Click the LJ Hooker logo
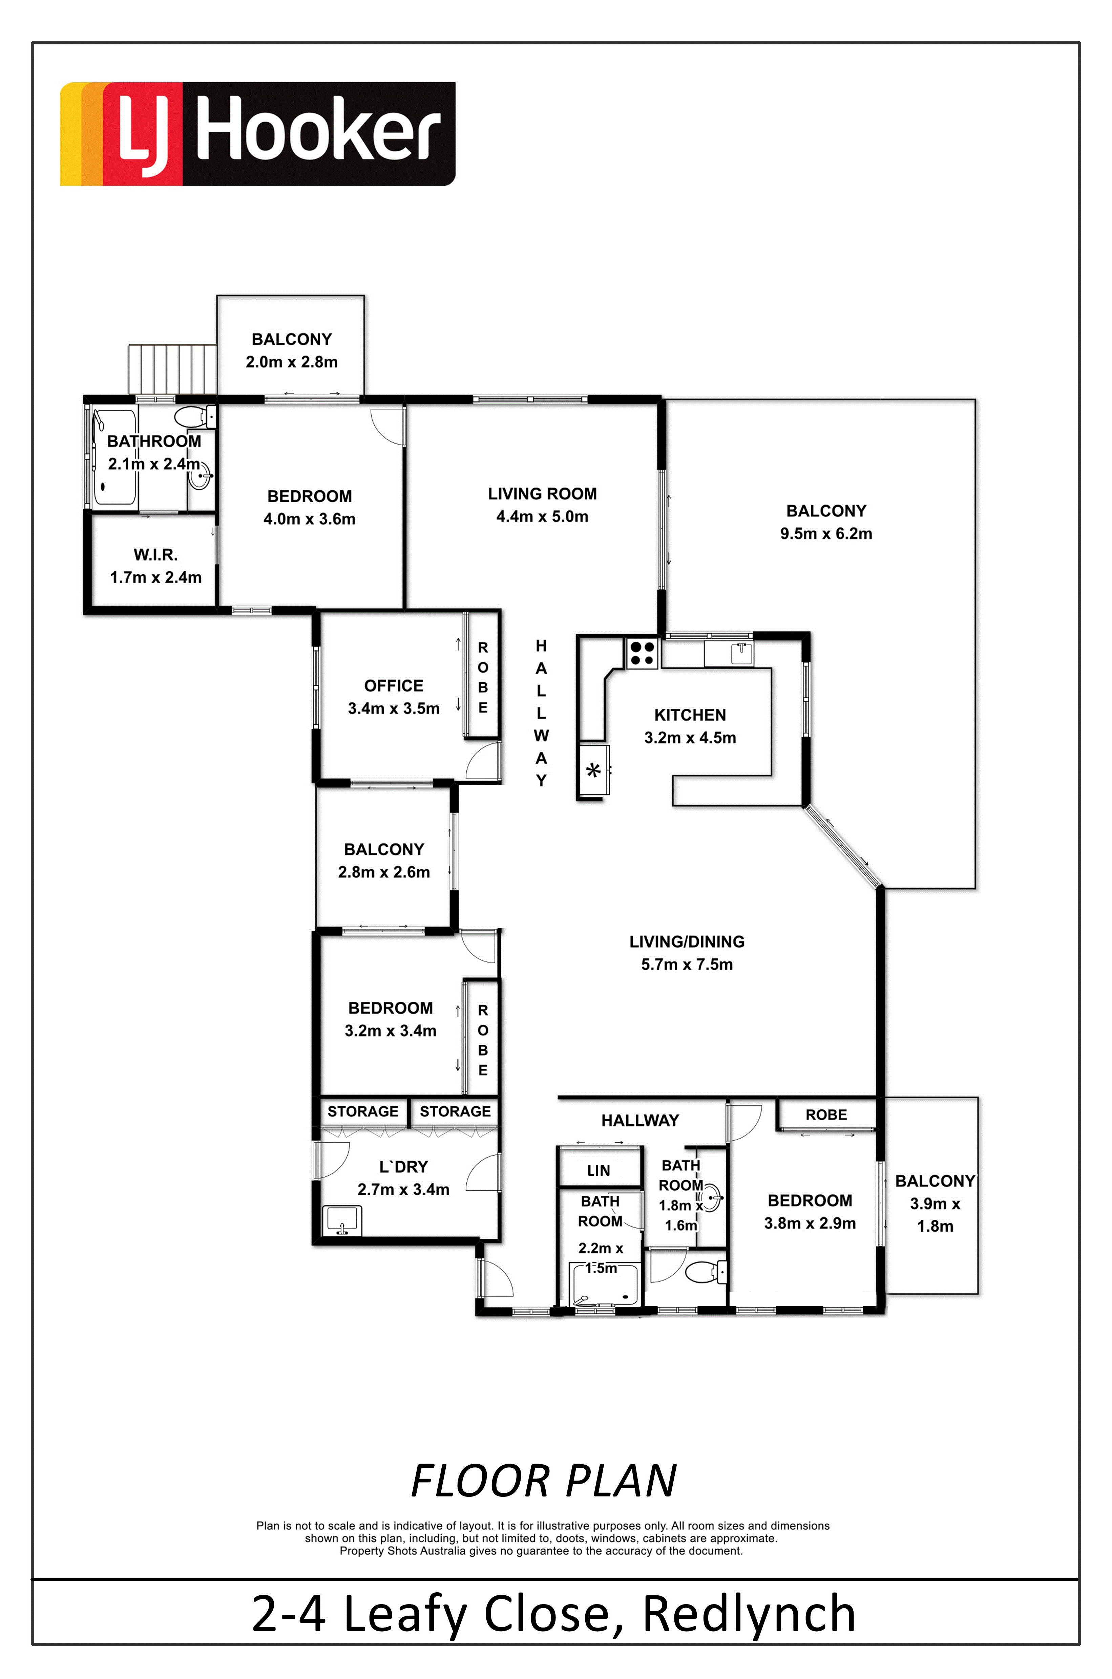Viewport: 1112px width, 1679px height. [257, 134]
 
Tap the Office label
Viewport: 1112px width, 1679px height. [394, 686]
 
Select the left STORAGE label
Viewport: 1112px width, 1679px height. [363, 1111]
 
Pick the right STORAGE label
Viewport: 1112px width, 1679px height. [455, 1111]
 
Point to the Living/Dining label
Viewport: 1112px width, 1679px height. [687, 941]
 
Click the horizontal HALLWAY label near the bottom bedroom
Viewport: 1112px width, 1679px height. [641, 1120]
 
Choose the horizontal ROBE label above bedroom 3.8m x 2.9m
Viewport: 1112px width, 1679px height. [826, 1114]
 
